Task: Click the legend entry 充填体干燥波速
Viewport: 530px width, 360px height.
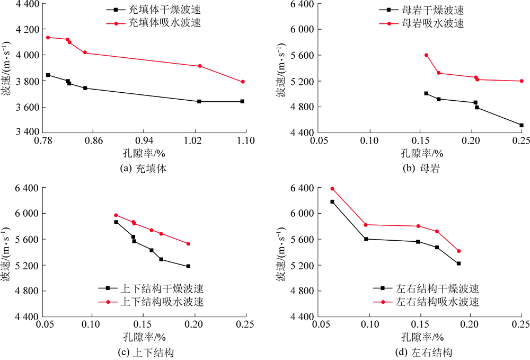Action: [x=154, y=10]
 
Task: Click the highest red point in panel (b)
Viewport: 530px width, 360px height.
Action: [x=426, y=55]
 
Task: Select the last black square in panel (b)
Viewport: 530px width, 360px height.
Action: [x=522, y=125]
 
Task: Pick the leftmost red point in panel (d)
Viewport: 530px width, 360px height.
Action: [x=332, y=189]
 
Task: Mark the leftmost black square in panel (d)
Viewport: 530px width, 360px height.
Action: [x=332, y=201]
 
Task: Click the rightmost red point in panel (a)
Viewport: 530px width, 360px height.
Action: [x=243, y=82]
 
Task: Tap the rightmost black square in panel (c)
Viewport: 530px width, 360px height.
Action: [x=188, y=266]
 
